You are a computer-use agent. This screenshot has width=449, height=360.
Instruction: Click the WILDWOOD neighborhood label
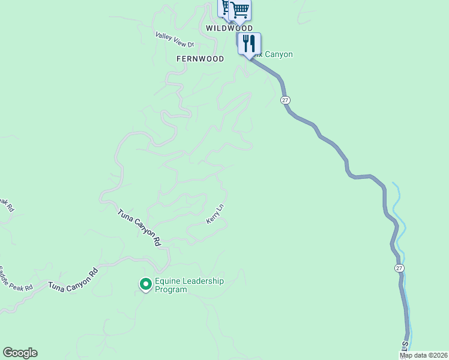tap(229, 28)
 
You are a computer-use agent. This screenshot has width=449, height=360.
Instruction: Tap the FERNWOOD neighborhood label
tap(200, 59)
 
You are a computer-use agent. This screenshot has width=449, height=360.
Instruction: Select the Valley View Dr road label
tap(175, 40)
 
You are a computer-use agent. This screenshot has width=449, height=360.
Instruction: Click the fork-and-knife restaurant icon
tap(249, 43)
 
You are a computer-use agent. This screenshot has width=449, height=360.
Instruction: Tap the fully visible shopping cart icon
tap(240, 9)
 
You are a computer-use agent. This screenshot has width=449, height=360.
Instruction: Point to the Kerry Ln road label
tap(215, 214)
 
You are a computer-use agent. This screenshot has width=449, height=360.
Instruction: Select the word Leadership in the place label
tap(202, 281)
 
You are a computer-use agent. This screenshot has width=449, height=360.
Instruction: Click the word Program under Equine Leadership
tap(171, 290)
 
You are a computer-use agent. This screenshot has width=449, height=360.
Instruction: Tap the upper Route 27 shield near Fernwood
tap(285, 101)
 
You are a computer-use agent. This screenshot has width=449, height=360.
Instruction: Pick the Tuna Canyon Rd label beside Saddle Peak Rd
tap(73, 279)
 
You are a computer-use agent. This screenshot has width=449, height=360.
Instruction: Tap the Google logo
tap(20, 353)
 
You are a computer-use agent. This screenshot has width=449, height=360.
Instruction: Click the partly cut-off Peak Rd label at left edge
tap(6, 204)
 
